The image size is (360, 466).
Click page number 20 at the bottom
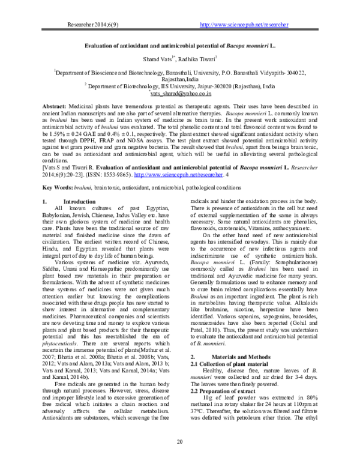[x=179, y=442]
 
